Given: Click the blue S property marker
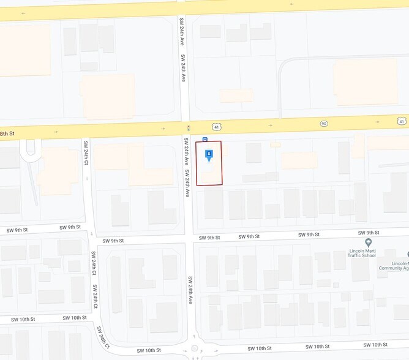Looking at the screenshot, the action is (x=209, y=154).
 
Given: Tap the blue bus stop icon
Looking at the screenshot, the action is (x=205, y=139).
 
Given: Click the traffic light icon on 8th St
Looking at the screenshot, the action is (x=188, y=128).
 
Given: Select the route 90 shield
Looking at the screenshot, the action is (x=323, y=124).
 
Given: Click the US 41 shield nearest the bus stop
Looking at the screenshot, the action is (x=216, y=126).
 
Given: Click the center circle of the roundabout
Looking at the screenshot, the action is (x=195, y=348).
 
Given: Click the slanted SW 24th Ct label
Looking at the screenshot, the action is (x=102, y=335).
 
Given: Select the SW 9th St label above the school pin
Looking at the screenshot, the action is (x=369, y=233).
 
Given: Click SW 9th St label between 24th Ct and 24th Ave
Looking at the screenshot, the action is (x=113, y=241).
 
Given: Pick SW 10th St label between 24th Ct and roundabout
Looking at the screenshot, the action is (x=148, y=350).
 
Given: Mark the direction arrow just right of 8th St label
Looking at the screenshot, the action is (x=56, y=131).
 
